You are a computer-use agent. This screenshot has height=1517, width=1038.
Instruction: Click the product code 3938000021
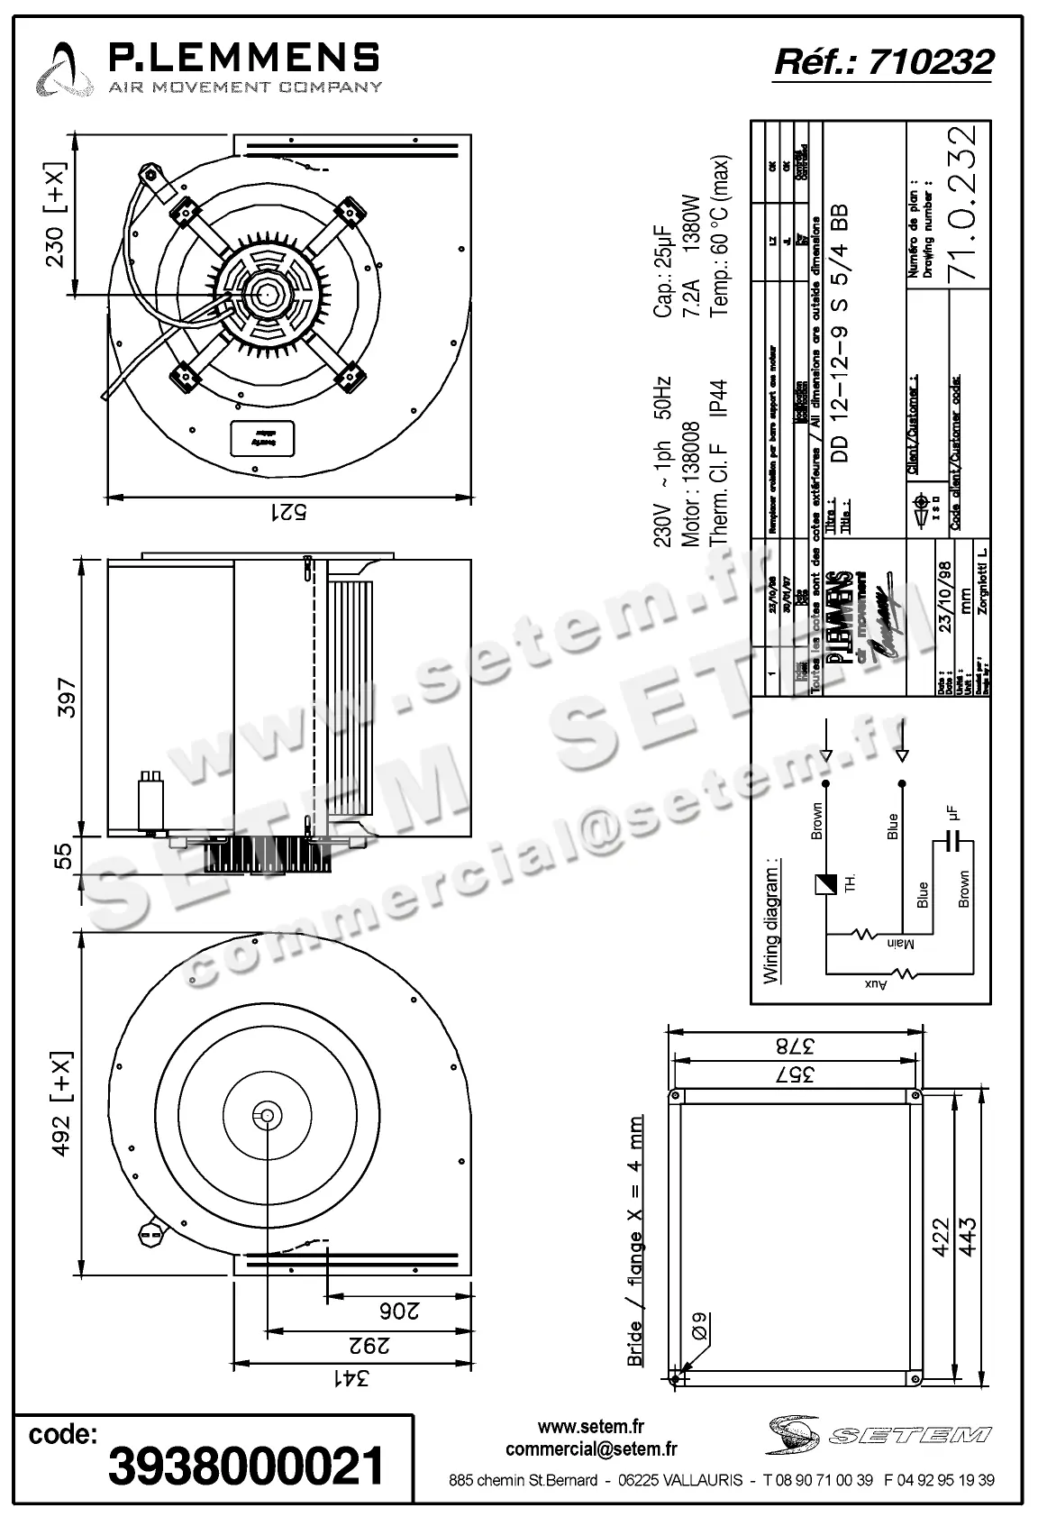click(x=246, y=1467)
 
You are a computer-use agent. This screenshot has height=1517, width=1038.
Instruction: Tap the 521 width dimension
click(x=289, y=512)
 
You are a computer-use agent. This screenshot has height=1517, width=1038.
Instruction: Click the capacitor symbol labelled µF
click(x=952, y=842)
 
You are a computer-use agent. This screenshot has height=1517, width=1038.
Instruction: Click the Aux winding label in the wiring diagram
click(x=875, y=985)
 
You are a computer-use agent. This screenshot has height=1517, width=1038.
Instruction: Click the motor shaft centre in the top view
click(x=268, y=294)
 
